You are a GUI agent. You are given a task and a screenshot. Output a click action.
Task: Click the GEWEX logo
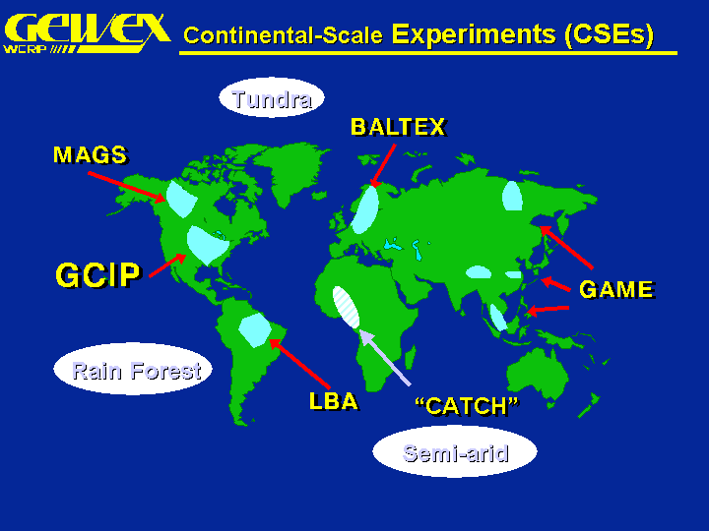(x=87, y=33)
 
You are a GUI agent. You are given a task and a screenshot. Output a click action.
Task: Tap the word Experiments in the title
(x=474, y=34)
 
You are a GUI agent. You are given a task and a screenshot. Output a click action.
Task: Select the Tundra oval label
(x=272, y=97)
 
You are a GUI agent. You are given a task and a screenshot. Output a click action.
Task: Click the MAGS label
(x=91, y=155)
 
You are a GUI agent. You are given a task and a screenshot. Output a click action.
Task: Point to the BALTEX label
(x=399, y=127)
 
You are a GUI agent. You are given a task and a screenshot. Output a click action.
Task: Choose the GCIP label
(x=98, y=274)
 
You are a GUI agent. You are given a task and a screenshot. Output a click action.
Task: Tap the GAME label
(x=617, y=289)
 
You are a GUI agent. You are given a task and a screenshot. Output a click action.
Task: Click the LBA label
(x=334, y=401)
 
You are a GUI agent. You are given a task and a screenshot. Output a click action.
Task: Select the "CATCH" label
(x=468, y=406)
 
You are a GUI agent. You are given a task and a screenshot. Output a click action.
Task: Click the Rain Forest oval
(x=133, y=369)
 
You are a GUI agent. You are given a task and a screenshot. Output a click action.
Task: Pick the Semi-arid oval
(x=455, y=451)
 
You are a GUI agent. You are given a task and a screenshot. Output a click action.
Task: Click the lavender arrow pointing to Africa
(x=385, y=358)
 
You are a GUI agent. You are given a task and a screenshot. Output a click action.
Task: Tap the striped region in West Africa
(x=346, y=307)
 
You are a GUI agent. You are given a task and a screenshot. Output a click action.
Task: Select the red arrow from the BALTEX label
(x=383, y=165)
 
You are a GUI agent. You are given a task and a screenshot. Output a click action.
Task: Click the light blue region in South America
(x=255, y=330)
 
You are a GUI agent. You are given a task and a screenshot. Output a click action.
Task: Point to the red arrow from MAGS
(x=127, y=187)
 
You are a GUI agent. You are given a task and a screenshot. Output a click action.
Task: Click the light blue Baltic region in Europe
(x=365, y=209)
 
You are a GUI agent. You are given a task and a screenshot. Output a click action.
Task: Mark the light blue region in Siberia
(x=512, y=196)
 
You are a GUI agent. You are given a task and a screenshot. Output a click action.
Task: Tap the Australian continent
(x=538, y=374)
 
